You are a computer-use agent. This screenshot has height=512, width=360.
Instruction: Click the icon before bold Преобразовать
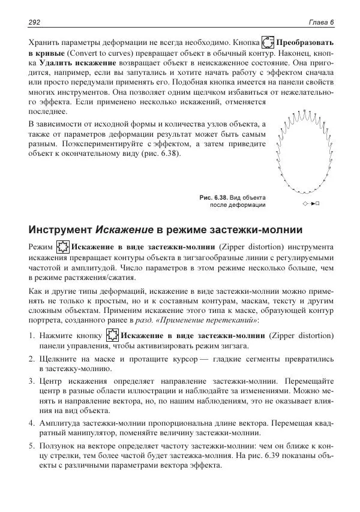click(268, 43)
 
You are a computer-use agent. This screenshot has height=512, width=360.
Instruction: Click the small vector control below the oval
click(311, 204)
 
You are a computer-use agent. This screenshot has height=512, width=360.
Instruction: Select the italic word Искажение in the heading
click(124, 230)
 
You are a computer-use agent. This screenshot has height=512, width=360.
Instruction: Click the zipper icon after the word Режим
click(62, 247)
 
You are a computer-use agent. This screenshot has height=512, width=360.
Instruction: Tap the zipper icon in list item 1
click(112, 336)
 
